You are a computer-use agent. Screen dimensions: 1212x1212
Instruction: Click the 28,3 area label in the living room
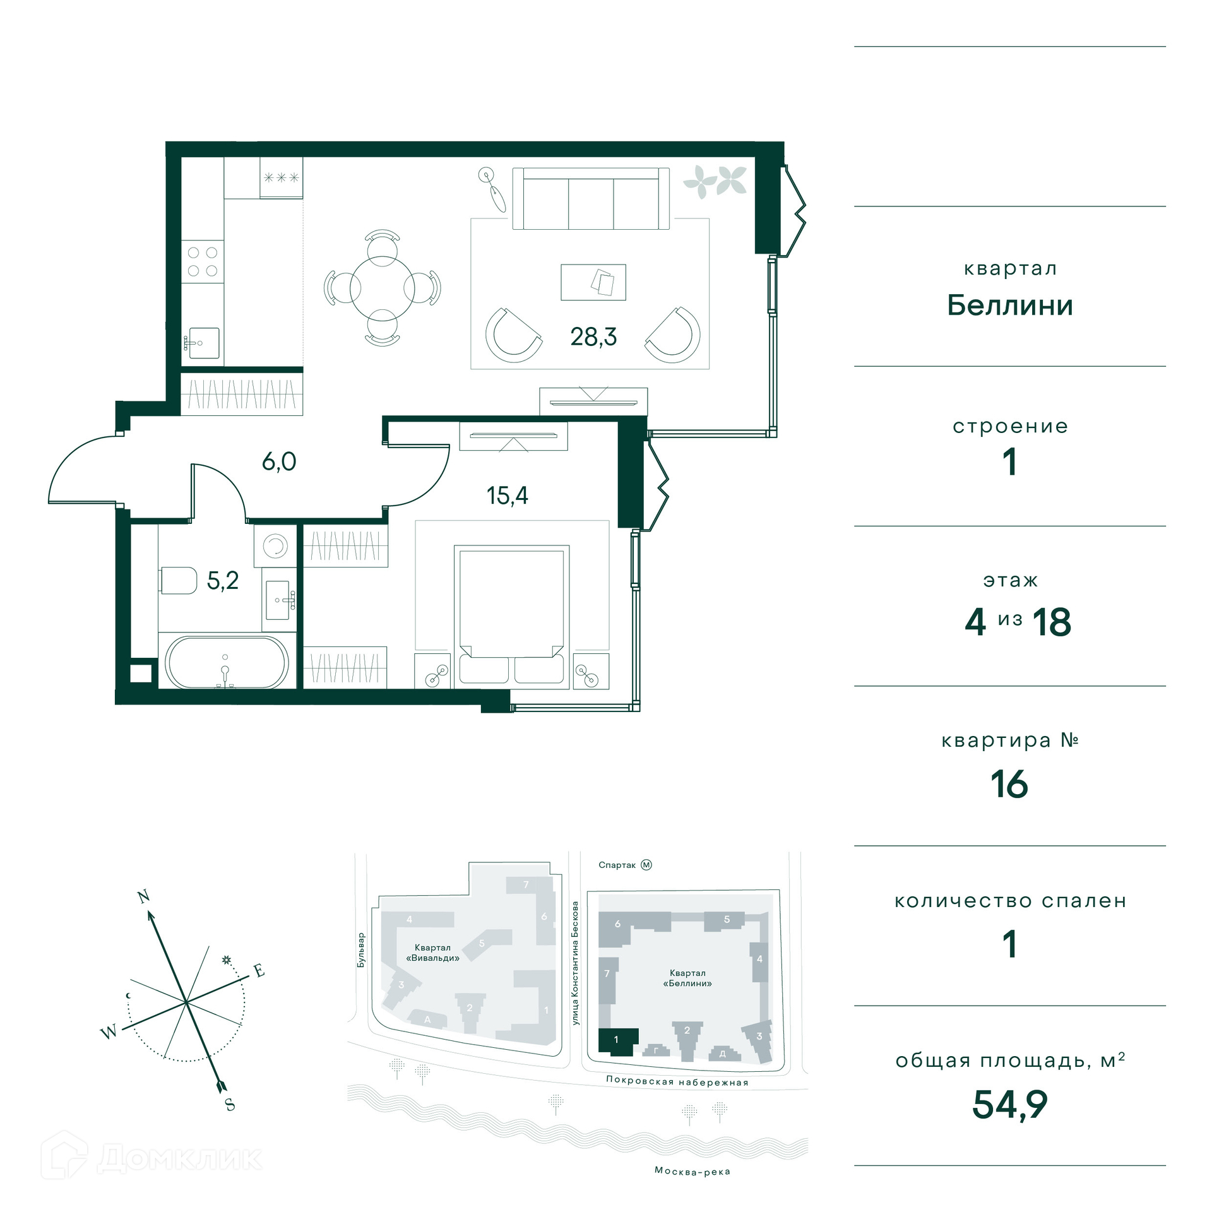(x=593, y=337)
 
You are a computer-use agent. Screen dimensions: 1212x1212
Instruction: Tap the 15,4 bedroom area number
(x=507, y=496)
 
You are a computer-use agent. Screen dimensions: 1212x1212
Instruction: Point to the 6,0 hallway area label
(x=279, y=461)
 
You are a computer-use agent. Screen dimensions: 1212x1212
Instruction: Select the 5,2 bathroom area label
(x=223, y=580)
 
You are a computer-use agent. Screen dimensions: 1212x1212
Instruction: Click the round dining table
(x=383, y=288)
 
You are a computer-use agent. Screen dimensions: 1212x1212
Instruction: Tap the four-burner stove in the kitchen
(x=203, y=261)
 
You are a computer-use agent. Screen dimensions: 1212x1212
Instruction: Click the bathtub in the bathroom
(x=227, y=662)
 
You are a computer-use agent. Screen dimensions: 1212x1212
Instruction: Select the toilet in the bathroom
(x=179, y=580)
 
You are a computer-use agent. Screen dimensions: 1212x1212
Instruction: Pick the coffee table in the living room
(x=593, y=282)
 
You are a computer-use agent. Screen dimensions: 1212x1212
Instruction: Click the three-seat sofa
(x=591, y=199)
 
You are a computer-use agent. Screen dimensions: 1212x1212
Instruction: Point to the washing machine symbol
(x=275, y=546)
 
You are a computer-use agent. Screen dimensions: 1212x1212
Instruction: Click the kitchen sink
(x=203, y=343)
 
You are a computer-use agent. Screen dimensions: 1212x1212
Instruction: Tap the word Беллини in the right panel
(x=1010, y=306)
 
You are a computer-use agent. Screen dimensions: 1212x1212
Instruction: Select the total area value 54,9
(x=1010, y=1104)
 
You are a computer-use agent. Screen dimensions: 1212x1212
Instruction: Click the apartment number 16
(x=1009, y=784)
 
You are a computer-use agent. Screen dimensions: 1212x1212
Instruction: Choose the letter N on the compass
(x=144, y=896)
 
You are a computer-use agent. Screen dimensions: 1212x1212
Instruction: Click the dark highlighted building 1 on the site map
(x=617, y=1042)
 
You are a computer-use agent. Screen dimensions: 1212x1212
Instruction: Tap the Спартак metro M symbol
(x=646, y=865)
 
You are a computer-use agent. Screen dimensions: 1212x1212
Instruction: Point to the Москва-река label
(x=692, y=1171)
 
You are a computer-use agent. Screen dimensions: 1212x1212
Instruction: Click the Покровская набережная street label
(x=677, y=1081)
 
